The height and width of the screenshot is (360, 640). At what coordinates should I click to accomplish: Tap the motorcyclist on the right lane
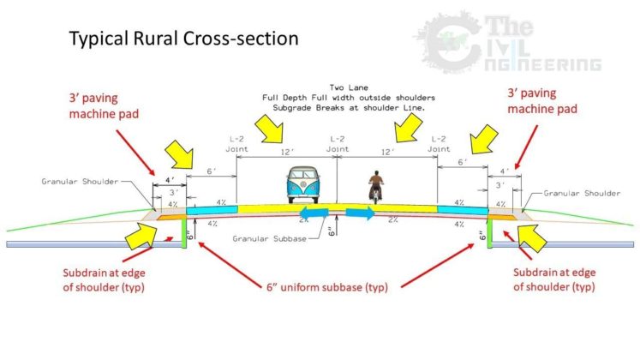coord(375,188)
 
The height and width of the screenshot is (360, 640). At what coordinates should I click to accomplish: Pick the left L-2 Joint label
coord(237,142)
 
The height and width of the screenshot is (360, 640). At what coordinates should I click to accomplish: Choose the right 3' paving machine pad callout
coord(541,101)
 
